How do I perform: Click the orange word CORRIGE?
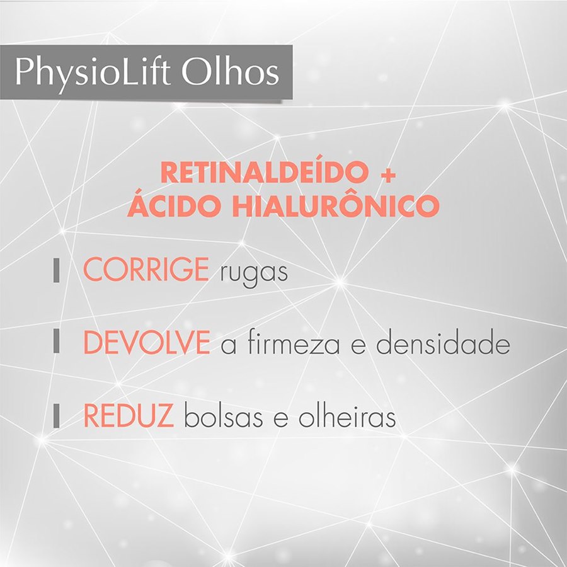tap(146, 271)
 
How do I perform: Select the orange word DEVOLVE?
tap(146, 343)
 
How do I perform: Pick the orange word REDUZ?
tap(129, 417)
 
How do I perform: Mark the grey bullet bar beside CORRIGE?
tap(57, 271)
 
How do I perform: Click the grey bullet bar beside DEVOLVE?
tap(57, 343)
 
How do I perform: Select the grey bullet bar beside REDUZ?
tap(57, 417)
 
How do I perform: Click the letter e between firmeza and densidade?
tap(358, 347)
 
